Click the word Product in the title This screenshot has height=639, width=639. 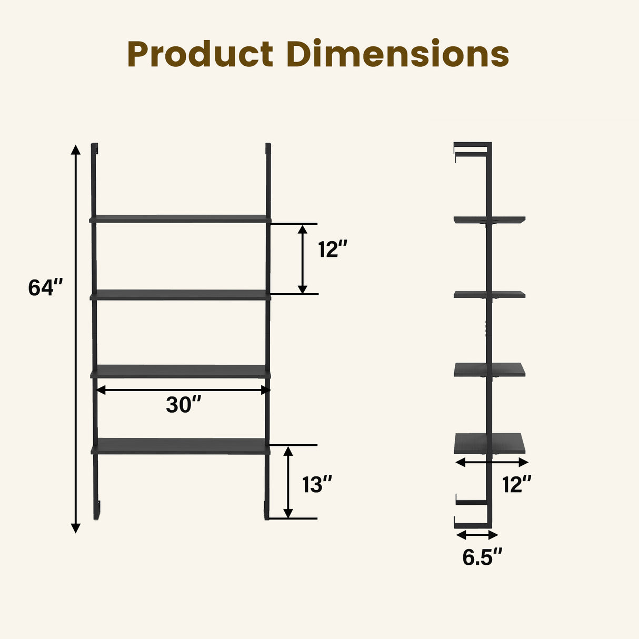point(200,55)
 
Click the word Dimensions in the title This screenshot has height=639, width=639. point(398,54)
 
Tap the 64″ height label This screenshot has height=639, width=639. point(45,288)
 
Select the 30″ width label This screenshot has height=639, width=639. point(184,405)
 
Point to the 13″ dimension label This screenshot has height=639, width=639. point(317,484)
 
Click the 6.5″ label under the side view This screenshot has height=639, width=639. point(482,557)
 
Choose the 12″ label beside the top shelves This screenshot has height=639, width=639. point(333,249)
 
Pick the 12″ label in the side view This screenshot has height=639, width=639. point(516,484)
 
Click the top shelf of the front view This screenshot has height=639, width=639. point(180,218)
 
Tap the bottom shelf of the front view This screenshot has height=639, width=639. point(181,446)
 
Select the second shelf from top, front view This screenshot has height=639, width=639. point(181,295)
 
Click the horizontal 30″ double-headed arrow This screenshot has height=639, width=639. point(183,390)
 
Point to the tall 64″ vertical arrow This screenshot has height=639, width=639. point(76,337)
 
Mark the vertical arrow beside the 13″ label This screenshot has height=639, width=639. point(288,482)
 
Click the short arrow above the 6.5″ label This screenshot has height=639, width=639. point(477,535)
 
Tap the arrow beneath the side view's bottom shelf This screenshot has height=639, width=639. point(492,462)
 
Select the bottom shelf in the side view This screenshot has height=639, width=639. point(490,443)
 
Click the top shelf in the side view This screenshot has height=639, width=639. point(490,219)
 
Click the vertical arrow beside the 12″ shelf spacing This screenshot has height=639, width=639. point(302,258)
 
